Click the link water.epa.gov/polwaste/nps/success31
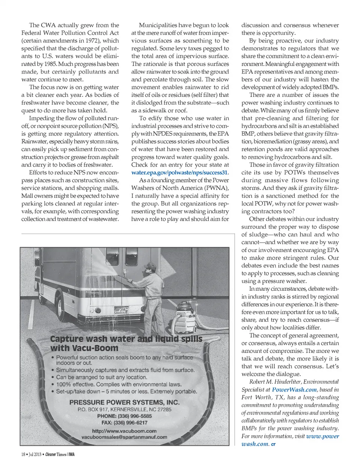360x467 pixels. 180,173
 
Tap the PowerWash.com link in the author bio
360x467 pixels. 294,390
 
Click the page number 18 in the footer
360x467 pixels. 23,454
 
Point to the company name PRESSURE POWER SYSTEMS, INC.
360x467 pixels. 124,402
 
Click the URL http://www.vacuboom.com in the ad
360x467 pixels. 124,431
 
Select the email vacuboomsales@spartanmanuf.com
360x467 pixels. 124,437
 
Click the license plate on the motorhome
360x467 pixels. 121,310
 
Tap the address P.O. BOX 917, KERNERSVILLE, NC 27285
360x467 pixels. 124,409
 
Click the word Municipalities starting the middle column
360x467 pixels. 157,25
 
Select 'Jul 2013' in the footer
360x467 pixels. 35,454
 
